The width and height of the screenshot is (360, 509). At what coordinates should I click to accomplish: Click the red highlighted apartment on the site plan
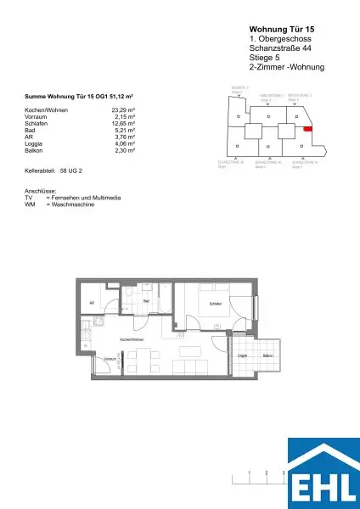(308, 129)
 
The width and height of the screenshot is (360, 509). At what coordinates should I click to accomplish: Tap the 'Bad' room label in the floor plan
(146, 299)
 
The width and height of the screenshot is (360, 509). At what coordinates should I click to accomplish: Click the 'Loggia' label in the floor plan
(241, 355)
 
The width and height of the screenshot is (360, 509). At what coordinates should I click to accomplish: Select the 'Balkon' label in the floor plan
(267, 355)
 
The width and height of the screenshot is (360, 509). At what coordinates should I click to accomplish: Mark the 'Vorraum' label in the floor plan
(108, 359)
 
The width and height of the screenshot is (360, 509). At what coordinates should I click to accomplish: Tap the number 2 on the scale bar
(267, 472)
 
